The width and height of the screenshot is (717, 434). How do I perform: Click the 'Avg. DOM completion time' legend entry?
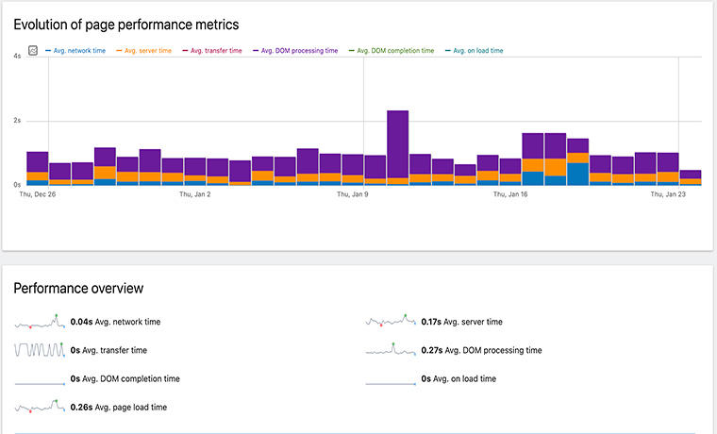click(x=394, y=51)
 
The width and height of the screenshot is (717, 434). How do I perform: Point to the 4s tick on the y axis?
click(x=17, y=58)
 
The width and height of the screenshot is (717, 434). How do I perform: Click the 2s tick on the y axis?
click(x=17, y=122)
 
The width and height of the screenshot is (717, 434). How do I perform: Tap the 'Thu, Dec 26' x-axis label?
click(x=38, y=194)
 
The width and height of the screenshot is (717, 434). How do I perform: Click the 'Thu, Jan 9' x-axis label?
click(x=353, y=194)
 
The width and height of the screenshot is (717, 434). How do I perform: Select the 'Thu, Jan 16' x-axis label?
click(x=510, y=194)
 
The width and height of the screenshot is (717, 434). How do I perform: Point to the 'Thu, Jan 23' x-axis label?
click(x=668, y=194)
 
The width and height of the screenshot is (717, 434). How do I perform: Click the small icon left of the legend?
click(x=32, y=51)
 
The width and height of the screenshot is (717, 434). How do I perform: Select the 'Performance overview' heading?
click(x=78, y=289)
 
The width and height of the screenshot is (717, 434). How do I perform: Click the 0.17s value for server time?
click(x=430, y=322)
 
